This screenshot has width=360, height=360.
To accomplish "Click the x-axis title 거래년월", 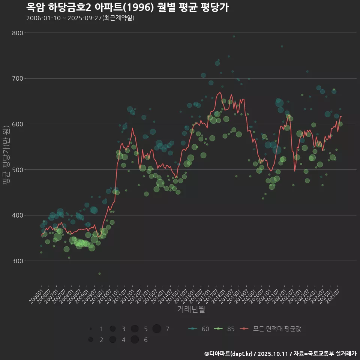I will pos(191,309).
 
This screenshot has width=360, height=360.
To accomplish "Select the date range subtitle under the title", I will pos(80,18).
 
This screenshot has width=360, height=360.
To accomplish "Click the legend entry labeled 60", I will pos(199,329).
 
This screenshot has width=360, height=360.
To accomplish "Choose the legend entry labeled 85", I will pos(224,329).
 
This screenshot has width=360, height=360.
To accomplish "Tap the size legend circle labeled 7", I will pos(157,329).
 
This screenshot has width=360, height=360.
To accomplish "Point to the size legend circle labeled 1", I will pos(91,329).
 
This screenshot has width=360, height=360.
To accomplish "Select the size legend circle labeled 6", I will pos(135,340).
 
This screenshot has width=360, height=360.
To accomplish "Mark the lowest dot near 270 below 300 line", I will pos(99,274).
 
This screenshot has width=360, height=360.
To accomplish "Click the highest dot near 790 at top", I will pos(234,36).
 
